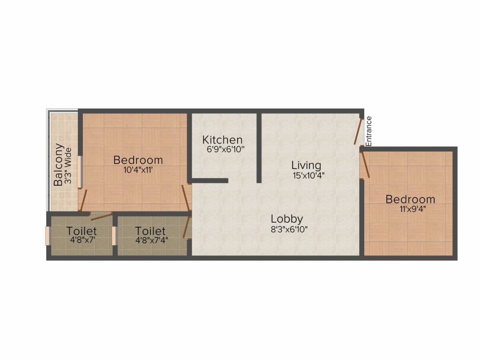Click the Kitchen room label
(x=222, y=140)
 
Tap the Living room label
(x=306, y=165)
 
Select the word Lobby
(x=287, y=219)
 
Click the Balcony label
(x=59, y=165)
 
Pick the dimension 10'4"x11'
(x=138, y=170)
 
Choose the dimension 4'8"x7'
(x=82, y=240)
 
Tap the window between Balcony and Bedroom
(x=80, y=171)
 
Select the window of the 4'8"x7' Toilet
(x=47, y=236)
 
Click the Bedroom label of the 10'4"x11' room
(x=138, y=160)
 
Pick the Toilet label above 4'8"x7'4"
(x=150, y=231)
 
